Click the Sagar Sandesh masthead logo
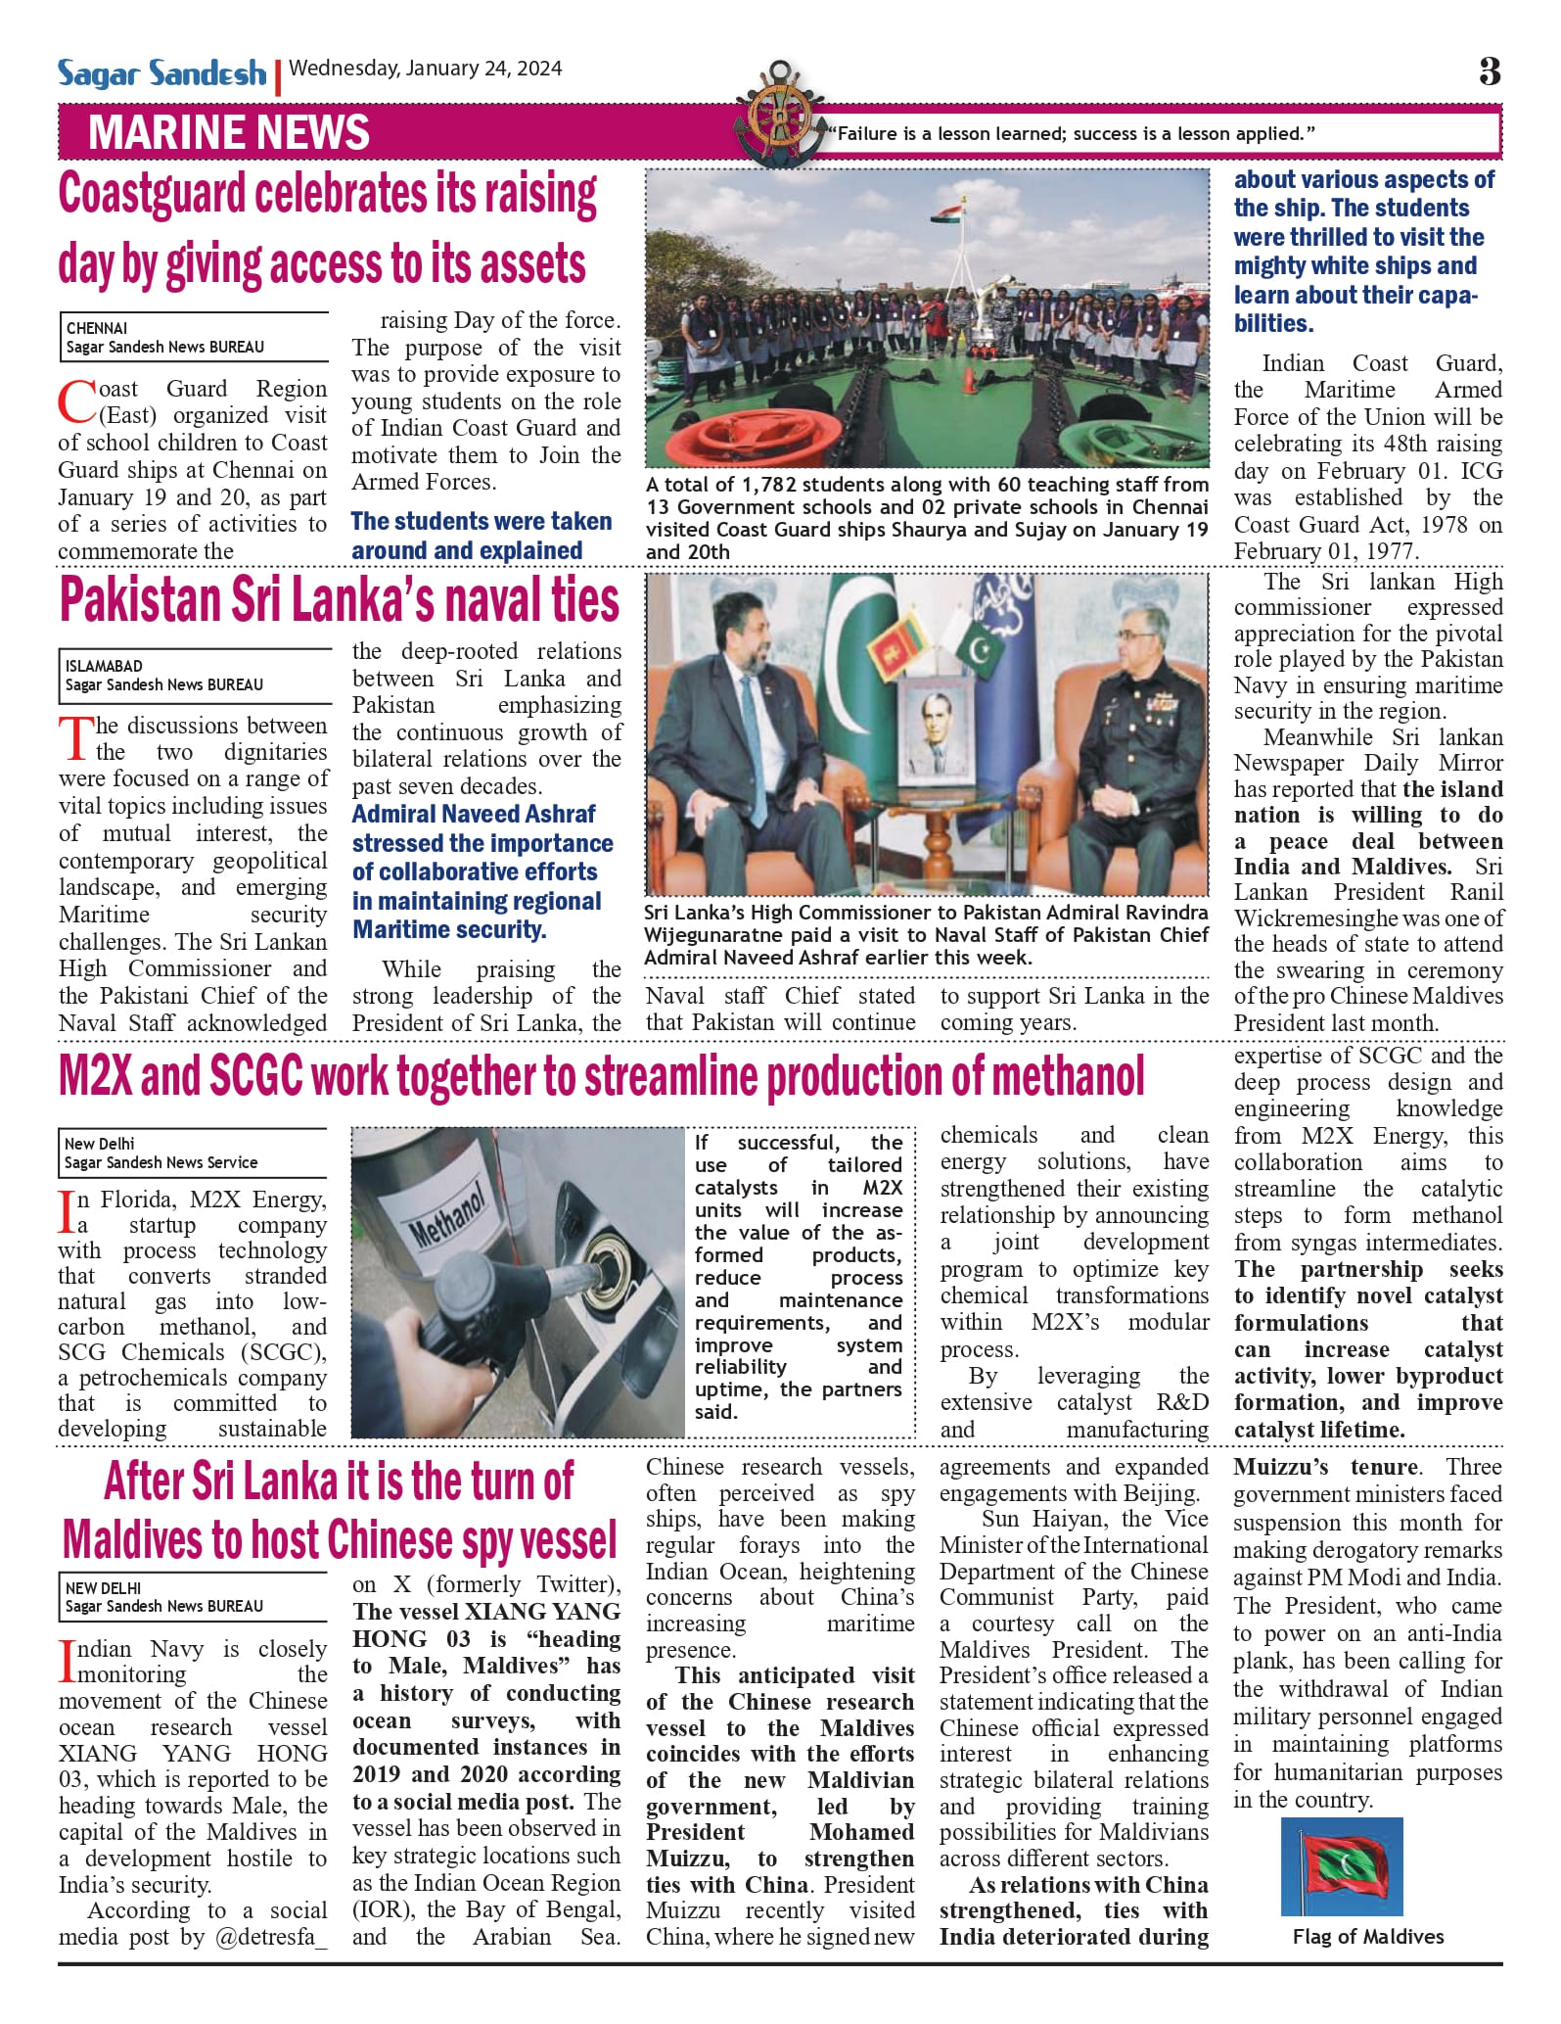point(161,72)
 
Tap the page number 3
point(1490,71)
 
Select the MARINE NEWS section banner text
point(229,133)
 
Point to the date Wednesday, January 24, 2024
point(426,69)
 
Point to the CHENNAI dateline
point(97,328)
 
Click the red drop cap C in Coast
point(75,400)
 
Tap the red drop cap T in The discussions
point(75,738)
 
